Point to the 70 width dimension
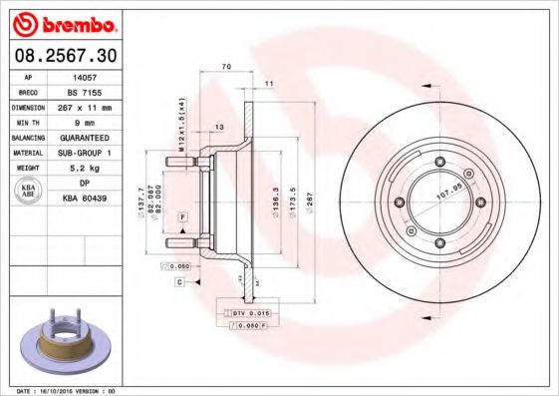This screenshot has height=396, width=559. (x=226, y=67)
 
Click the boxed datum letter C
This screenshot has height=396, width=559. (x=179, y=282)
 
